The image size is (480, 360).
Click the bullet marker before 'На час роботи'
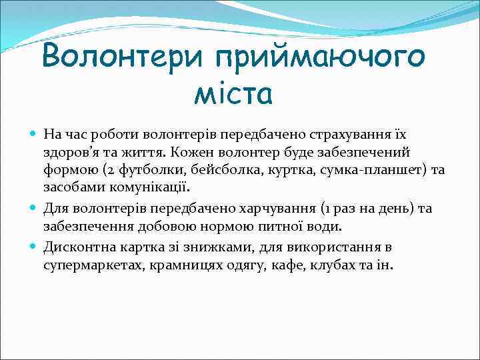(x=35, y=134)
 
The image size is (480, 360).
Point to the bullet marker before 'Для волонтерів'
(x=35, y=209)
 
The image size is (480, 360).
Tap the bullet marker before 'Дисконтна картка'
(x=35, y=247)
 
